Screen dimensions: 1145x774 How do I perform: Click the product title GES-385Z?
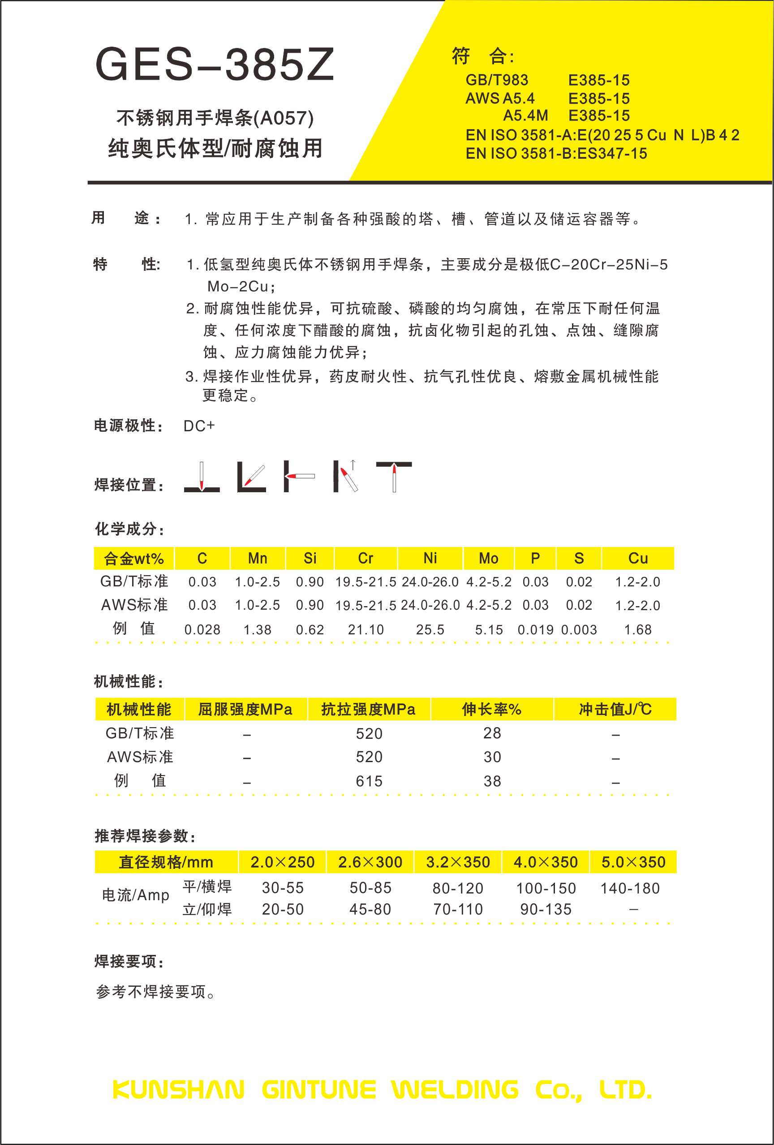215,64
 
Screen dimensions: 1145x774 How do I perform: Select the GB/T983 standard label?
496,80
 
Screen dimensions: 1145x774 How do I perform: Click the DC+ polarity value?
199,426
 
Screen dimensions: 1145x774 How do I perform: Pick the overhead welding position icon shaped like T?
394,476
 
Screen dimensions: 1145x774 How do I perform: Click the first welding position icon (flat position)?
202,477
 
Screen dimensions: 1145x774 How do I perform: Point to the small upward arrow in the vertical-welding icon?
353,464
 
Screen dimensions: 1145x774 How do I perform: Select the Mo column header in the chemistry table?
488,558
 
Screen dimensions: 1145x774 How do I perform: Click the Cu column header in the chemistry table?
638,558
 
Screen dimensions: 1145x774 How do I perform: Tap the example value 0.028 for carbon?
202,629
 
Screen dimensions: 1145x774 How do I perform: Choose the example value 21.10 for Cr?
365,629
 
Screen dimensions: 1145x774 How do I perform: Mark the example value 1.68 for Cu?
638,629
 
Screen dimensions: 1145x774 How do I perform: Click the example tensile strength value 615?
369,781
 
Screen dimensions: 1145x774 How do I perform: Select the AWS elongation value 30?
492,757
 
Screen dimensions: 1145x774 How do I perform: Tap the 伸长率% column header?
491,710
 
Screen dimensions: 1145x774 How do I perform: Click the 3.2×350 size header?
458,862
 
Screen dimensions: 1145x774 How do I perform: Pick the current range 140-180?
630,888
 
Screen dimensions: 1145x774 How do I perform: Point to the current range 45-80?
370,909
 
